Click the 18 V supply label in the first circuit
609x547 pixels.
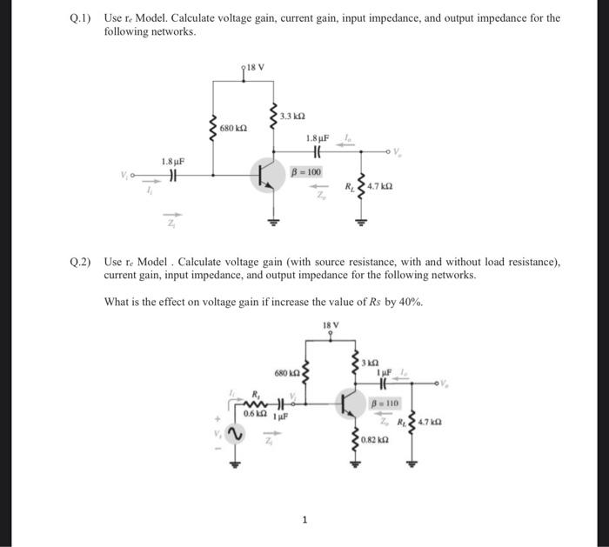pos(254,67)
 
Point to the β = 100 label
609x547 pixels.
pos(306,171)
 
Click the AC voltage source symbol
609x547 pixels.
pos(232,433)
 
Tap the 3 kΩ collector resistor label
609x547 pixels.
pos(371,361)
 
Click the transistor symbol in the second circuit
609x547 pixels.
pos(350,403)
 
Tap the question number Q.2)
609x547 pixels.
pos(82,261)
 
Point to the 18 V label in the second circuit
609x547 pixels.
pos(331,327)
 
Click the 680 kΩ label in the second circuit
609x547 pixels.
pos(287,374)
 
